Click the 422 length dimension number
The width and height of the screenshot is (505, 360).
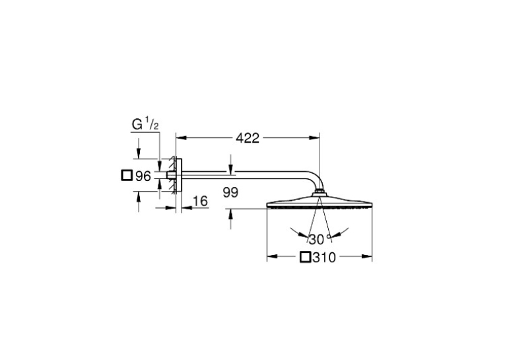[x=248, y=138]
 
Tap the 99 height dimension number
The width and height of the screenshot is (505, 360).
[x=230, y=193]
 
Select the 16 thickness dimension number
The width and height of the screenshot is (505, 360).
[x=200, y=201]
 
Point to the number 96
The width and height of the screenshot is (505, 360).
[x=143, y=176]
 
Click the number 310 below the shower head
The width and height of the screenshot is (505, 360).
[x=324, y=257]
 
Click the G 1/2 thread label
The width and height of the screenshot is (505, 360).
[x=145, y=124]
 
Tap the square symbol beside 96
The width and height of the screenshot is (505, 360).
[x=127, y=175]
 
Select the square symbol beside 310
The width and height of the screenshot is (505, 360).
[x=305, y=257]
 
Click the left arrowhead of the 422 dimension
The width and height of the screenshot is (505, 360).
[x=182, y=138]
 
